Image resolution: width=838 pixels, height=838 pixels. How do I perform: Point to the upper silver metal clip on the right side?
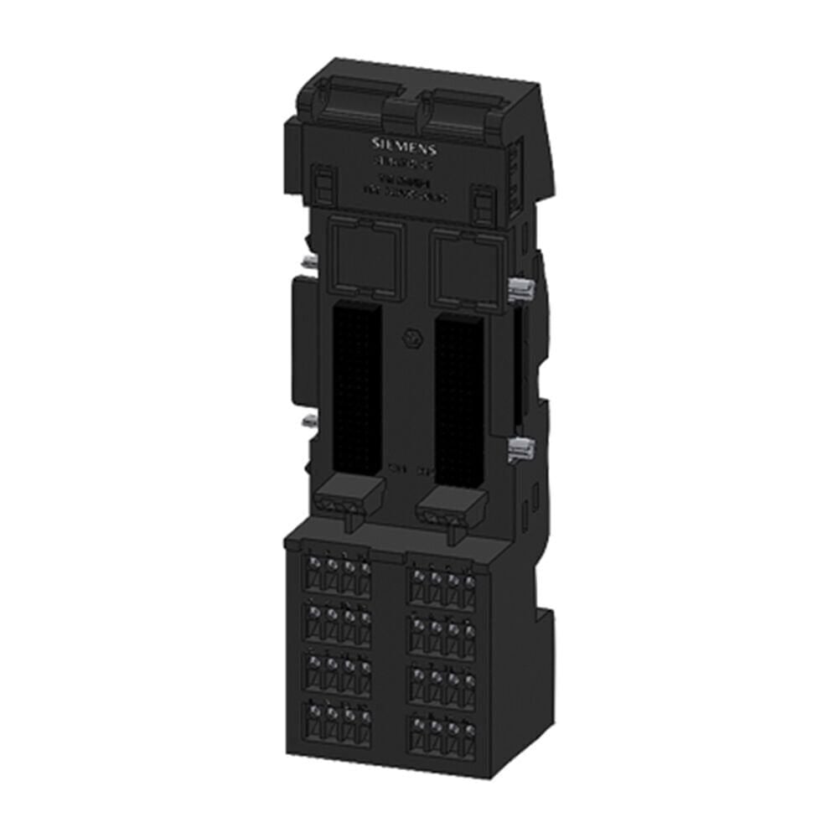click(x=520, y=290)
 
